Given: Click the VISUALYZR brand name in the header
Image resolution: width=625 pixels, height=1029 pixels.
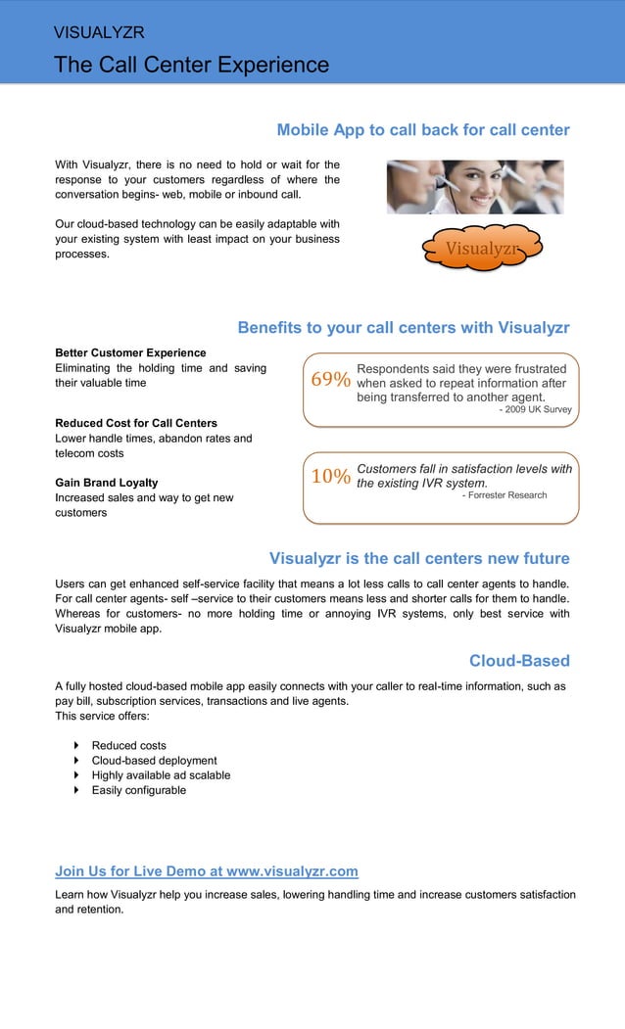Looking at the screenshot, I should [x=99, y=32].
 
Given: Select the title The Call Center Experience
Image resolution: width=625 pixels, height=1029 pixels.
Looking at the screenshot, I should [x=191, y=65].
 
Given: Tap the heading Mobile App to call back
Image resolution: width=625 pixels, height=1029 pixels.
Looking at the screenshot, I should [x=422, y=130].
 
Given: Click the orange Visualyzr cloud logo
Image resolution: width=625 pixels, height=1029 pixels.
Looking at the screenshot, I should [x=481, y=249].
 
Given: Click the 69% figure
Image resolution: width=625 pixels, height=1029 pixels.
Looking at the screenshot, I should [x=330, y=380].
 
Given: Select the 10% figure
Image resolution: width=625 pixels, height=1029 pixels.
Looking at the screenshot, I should [x=330, y=477].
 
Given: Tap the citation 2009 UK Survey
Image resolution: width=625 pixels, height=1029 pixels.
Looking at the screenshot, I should [x=535, y=409].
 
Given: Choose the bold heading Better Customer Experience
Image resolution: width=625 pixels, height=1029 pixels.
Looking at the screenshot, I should [x=130, y=352].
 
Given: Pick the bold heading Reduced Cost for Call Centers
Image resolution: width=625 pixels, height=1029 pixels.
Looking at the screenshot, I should [x=136, y=423].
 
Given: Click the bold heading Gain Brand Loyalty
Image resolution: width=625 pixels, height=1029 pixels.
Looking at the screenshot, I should [x=106, y=483].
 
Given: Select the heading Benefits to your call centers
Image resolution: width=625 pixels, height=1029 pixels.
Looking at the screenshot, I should [x=403, y=328].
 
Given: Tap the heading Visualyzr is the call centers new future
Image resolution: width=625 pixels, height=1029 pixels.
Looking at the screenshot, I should [x=418, y=559].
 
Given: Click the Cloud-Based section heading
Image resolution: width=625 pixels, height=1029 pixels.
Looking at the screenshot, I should [x=518, y=661].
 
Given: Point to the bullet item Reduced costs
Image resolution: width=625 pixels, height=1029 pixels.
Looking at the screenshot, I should [x=128, y=746].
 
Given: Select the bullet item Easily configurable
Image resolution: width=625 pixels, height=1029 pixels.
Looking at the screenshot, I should [x=138, y=790].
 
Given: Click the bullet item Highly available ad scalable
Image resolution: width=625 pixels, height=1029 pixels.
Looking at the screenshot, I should [x=161, y=775].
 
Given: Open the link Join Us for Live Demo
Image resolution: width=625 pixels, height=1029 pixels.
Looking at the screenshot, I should [x=206, y=871].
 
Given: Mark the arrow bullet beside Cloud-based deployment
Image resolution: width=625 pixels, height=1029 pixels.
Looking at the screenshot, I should [x=77, y=761].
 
